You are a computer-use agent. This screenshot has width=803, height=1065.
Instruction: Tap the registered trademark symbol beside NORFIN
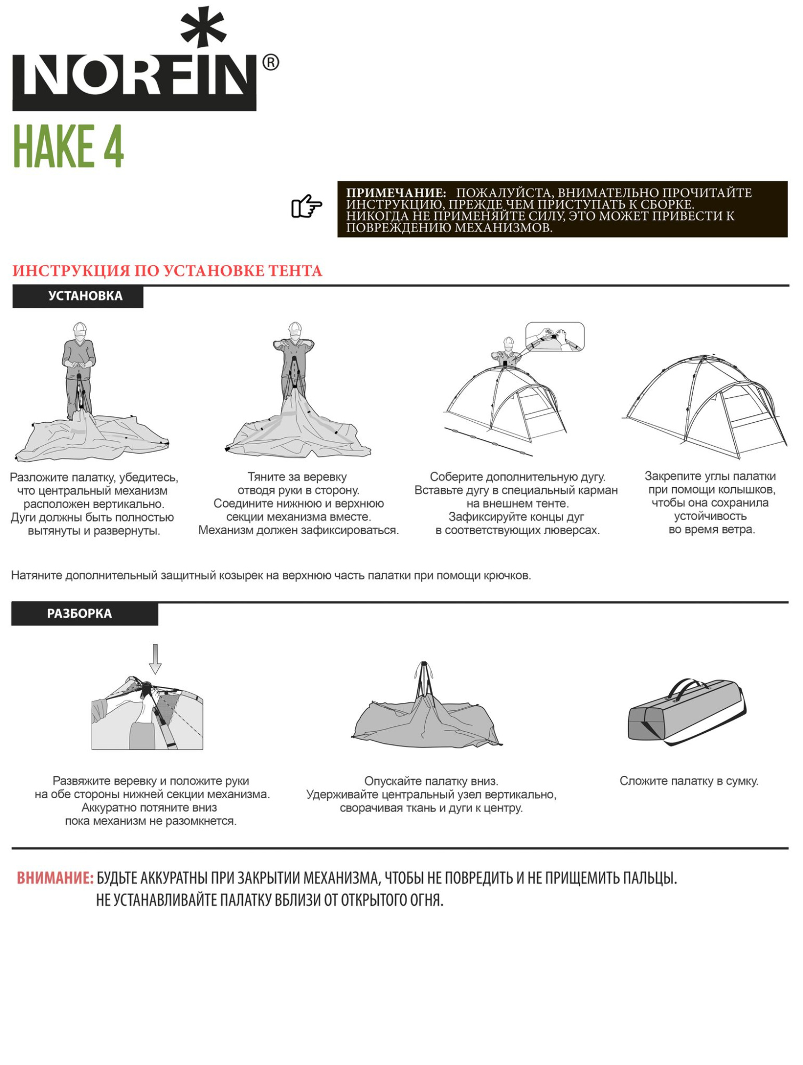tap(271, 63)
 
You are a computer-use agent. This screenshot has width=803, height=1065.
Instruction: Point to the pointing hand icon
tap(307, 206)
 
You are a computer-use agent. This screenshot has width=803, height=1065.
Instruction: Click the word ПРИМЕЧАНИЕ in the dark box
tap(396, 193)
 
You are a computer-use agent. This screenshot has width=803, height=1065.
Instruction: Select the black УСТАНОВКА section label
tap(78, 297)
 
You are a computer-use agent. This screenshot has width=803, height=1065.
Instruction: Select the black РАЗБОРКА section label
tap(85, 614)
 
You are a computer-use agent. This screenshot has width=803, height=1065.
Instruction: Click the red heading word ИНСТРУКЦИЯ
tap(71, 271)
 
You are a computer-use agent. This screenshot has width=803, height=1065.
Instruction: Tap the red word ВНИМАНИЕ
tap(55, 878)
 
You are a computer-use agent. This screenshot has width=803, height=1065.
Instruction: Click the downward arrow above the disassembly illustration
tap(155, 659)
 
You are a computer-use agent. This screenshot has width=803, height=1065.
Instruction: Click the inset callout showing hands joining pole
tap(555, 337)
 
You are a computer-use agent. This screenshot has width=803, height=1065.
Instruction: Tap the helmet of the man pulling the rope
tap(295, 326)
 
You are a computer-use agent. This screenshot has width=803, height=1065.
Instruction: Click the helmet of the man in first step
tap(80, 327)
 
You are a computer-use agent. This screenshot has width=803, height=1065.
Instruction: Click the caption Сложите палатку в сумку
tap(688, 781)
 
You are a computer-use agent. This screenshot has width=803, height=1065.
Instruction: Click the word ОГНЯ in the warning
tap(427, 900)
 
